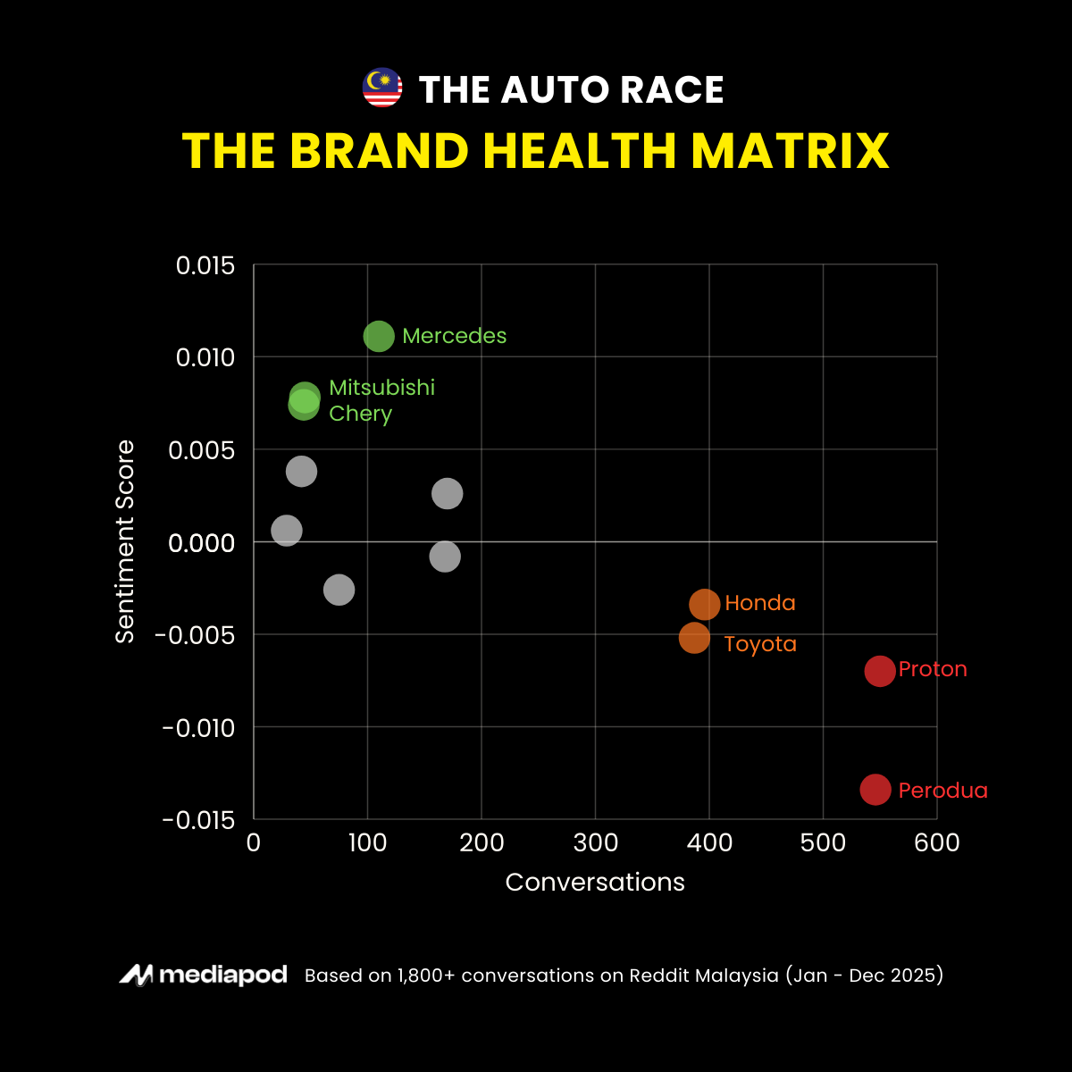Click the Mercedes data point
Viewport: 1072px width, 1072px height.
point(379,337)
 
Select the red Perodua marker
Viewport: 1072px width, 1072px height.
point(875,789)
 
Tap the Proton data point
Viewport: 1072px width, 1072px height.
point(880,670)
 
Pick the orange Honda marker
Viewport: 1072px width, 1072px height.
point(705,604)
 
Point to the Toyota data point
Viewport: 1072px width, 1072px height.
point(694,638)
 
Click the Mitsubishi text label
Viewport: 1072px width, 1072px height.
point(381,388)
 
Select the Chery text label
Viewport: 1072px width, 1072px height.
point(360,414)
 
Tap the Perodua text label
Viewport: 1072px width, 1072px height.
point(942,791)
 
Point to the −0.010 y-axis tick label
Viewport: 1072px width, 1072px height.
point(198,728)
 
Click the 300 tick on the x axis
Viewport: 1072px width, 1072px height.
point(595,842)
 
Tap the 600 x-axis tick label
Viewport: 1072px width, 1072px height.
point(936,842)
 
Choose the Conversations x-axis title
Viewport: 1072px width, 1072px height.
point(595,883)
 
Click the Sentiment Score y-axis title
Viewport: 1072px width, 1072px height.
point(125,541)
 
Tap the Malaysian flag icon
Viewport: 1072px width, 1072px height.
point(382,88)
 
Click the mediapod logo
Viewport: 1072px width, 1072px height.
point(204,975)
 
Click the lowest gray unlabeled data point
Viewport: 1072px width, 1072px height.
point(339,590)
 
